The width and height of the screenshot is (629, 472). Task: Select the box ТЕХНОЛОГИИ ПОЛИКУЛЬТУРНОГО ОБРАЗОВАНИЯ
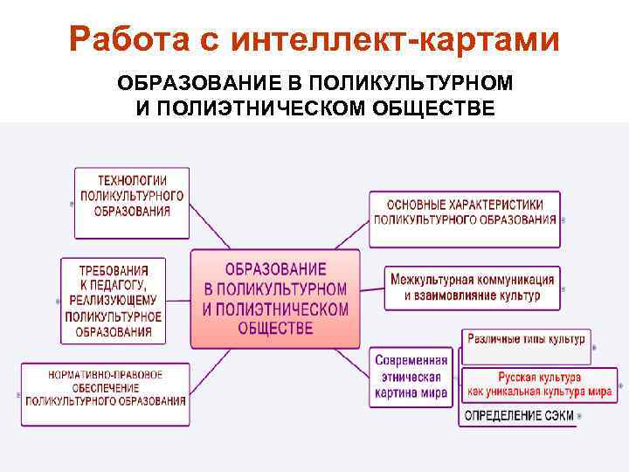pos(131,203)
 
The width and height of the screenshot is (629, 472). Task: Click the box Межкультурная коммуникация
pos(472,288)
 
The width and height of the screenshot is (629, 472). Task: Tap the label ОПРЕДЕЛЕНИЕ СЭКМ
pos(519,415)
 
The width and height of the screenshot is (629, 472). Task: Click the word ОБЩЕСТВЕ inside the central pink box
pos(275,329)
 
